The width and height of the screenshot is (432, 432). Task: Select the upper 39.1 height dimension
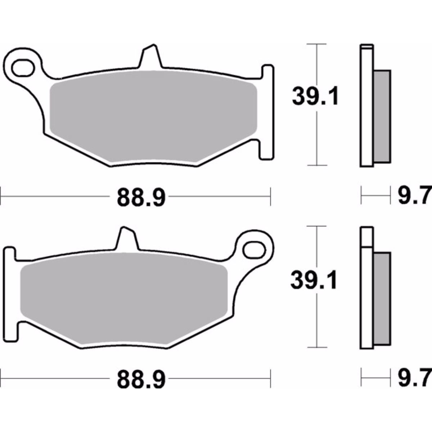[x=315, y=96]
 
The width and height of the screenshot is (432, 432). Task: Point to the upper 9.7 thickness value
[x=414, y=197]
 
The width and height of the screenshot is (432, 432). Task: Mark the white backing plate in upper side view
[x=366, y=108]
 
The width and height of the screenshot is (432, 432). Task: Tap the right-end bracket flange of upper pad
[x=267, y=112]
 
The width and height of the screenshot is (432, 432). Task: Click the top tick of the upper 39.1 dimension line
[x=316, y=44]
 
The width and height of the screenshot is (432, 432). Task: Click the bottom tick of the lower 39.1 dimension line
[x=316, y=347]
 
